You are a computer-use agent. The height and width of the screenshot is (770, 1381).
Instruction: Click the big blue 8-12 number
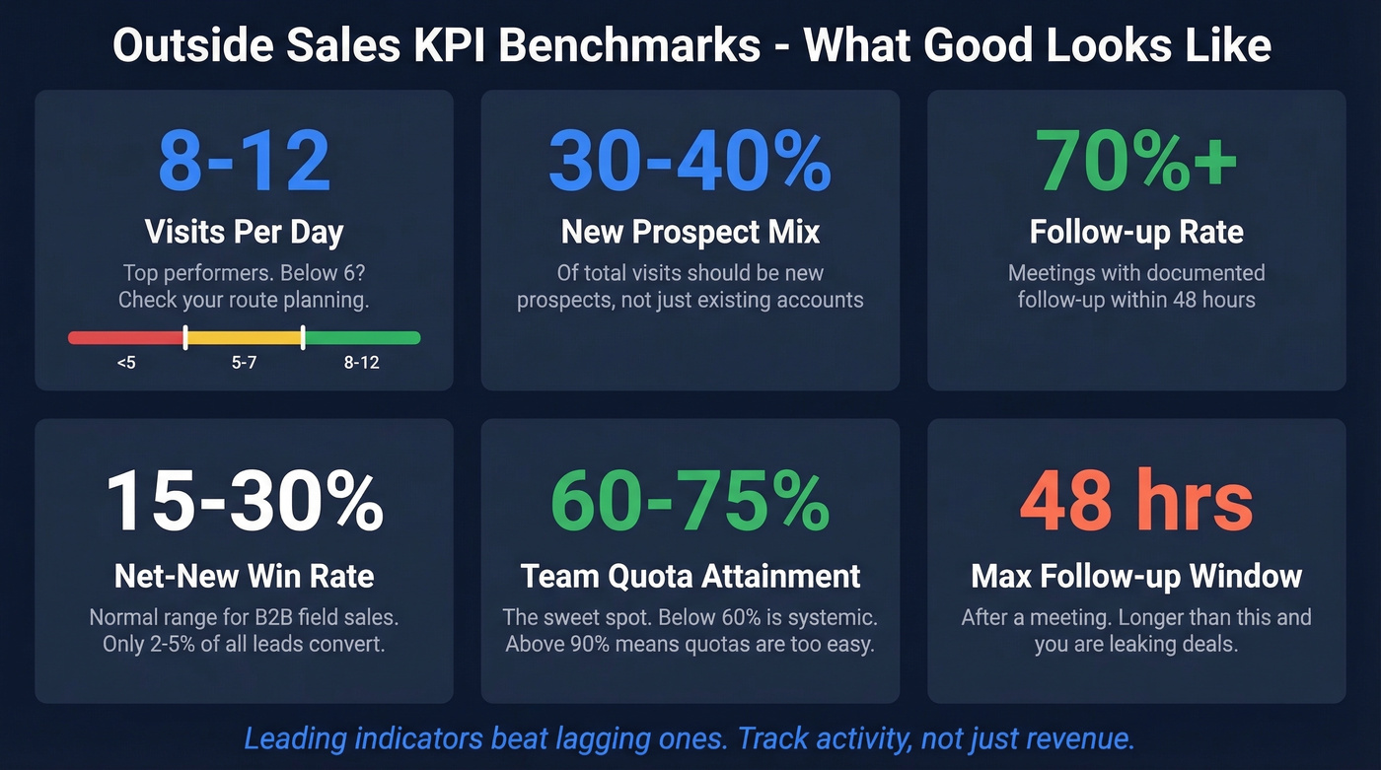244,161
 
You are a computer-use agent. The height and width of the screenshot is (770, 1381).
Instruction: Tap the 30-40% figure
690,161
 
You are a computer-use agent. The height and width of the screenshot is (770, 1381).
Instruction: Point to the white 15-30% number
244,503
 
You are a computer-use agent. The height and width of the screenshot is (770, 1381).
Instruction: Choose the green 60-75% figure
690,503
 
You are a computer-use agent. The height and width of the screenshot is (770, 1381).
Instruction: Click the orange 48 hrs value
1136,503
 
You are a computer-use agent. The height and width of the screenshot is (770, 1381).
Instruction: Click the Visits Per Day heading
244,233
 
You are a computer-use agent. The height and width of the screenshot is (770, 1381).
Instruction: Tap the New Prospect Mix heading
690,233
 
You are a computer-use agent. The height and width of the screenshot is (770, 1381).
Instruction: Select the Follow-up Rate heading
1136,233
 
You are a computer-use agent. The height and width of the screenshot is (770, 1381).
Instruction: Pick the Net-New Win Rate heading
244,576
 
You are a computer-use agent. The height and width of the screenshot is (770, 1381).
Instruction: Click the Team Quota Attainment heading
690,576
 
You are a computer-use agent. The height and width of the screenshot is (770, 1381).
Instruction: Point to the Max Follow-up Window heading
1136,576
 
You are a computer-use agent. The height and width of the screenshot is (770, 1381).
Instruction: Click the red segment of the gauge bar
126,338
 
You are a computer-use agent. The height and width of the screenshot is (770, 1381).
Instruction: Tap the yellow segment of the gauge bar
244,338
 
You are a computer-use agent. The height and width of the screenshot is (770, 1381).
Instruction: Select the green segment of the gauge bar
362,338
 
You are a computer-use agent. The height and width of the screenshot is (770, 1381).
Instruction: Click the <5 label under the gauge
126,363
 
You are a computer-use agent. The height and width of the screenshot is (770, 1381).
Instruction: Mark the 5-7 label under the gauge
244,363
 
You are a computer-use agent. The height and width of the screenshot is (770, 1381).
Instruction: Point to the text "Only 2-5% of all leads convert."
244,645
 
